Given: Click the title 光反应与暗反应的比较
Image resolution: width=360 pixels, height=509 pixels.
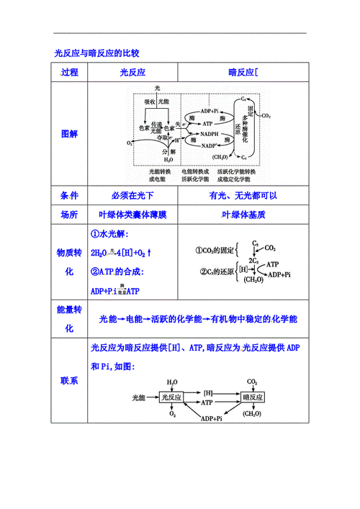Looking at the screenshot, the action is coord(96,53).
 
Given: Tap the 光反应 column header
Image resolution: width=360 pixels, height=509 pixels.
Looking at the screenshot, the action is coord(132,73).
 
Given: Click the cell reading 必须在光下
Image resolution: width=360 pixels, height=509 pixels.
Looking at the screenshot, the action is coord(132,196).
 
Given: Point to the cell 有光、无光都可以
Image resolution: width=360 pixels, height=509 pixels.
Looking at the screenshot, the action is coord(243,196).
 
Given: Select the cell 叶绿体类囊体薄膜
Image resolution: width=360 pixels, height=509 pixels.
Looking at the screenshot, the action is coord(132,215).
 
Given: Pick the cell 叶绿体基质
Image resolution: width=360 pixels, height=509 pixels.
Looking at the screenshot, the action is coord(243,215).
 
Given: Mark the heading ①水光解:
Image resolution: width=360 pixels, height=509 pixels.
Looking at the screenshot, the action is coord(114,235).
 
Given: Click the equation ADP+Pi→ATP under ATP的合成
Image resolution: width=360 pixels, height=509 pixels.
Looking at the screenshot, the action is coord(115,291).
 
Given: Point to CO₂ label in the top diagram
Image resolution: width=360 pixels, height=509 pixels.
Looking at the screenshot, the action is coord(265,115).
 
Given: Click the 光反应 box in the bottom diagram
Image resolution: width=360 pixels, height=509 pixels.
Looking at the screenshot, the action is coord(172,397).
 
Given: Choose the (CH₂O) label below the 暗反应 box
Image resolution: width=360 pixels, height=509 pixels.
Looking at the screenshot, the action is coord(252,414).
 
